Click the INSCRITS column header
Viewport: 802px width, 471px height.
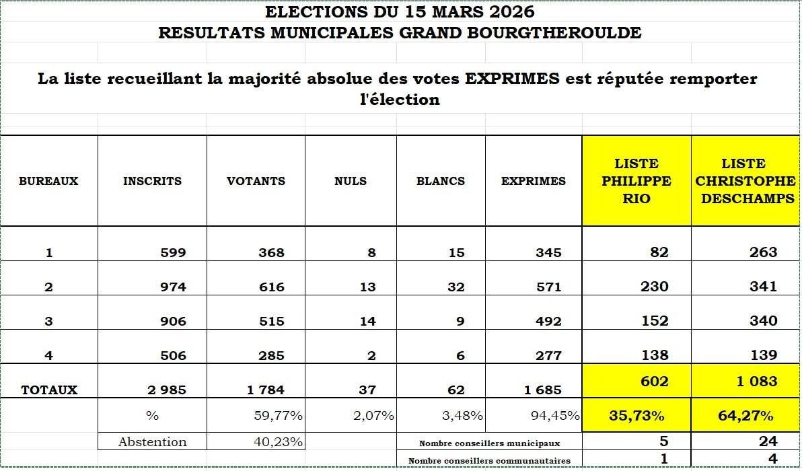point(152,181)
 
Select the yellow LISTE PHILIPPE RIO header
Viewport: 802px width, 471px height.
point(636,181)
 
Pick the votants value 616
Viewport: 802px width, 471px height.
point(271,287)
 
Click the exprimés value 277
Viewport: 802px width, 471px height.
point(549,355)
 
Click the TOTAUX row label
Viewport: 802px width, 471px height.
point(49,390)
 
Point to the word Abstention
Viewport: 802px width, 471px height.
point(152,442)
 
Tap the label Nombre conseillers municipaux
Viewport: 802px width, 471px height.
point(489,443)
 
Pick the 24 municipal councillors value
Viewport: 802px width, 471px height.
point(768,441)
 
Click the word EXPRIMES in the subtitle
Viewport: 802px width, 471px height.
point(512,79)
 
